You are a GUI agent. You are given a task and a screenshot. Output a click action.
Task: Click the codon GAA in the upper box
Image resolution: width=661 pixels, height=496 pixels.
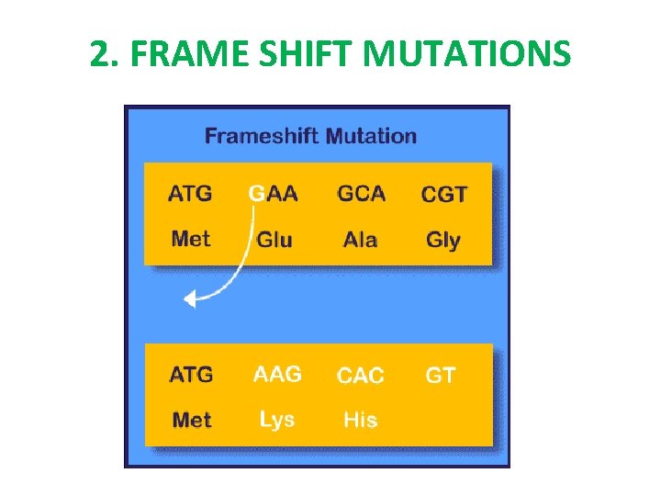click(x=274, y=194)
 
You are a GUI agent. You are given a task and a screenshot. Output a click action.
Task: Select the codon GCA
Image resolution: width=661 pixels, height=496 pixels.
click(x=361, y=194)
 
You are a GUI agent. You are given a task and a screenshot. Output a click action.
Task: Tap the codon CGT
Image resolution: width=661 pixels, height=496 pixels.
click(x=444, y=195)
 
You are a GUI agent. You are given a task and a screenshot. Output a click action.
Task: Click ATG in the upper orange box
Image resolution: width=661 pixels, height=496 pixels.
click(x=190, y=194)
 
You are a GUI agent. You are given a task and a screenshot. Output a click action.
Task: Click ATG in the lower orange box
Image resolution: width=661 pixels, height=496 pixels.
click(x=191, y=375)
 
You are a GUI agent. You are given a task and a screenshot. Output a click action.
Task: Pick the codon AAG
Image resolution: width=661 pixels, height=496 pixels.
click(x=277, y=374)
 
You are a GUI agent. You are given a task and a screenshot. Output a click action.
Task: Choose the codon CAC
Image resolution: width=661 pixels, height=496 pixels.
click(x=361, y=376)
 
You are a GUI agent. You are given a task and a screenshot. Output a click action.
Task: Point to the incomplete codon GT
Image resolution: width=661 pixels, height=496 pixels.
click(x=441, y=375)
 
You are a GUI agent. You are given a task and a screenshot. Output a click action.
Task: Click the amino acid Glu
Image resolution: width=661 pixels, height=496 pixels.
click(x=274, y=240)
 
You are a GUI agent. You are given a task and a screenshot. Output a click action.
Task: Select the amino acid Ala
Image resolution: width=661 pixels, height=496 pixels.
click(x=360, y=240)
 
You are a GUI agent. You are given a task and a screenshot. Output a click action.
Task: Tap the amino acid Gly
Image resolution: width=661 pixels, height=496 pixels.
click(x=443, y=241)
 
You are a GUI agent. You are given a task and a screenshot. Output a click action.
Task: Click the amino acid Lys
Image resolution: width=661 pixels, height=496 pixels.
click(x=276, y=420)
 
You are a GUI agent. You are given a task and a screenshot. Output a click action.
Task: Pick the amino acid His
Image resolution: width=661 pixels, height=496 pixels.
click(x=360, y=420)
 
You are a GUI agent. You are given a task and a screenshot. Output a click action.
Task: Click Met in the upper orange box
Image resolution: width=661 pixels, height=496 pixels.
click(x=191, y=239)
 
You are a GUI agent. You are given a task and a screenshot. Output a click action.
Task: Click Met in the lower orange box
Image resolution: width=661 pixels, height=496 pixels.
click(x=192, y=420)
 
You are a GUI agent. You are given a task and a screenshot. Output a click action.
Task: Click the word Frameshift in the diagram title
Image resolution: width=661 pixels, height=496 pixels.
click(x=262, y=137)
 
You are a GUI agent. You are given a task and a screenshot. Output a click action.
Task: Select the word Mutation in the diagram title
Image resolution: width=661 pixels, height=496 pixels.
click(x=370, y=137)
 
